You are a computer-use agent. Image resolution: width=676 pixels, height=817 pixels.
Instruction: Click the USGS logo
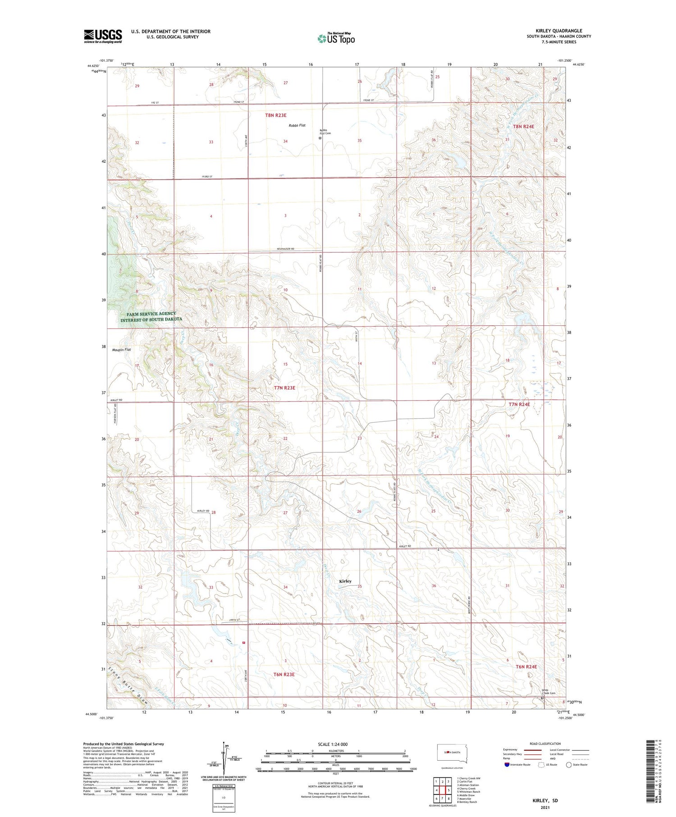coord(103,36)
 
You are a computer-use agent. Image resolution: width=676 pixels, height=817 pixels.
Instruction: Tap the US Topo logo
coord(336,38)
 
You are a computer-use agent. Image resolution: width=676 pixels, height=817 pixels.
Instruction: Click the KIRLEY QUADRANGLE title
coord(559,31)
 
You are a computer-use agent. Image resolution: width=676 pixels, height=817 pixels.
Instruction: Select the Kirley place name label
coord(345,581)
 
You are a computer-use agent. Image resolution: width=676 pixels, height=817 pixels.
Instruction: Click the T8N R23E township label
coord(276,115)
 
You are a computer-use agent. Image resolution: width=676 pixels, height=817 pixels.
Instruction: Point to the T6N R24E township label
coord(526,666)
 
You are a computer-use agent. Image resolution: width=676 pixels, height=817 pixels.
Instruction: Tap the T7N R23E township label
coord(284,388)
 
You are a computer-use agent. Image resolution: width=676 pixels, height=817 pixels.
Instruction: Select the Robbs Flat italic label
coord(297,125)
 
